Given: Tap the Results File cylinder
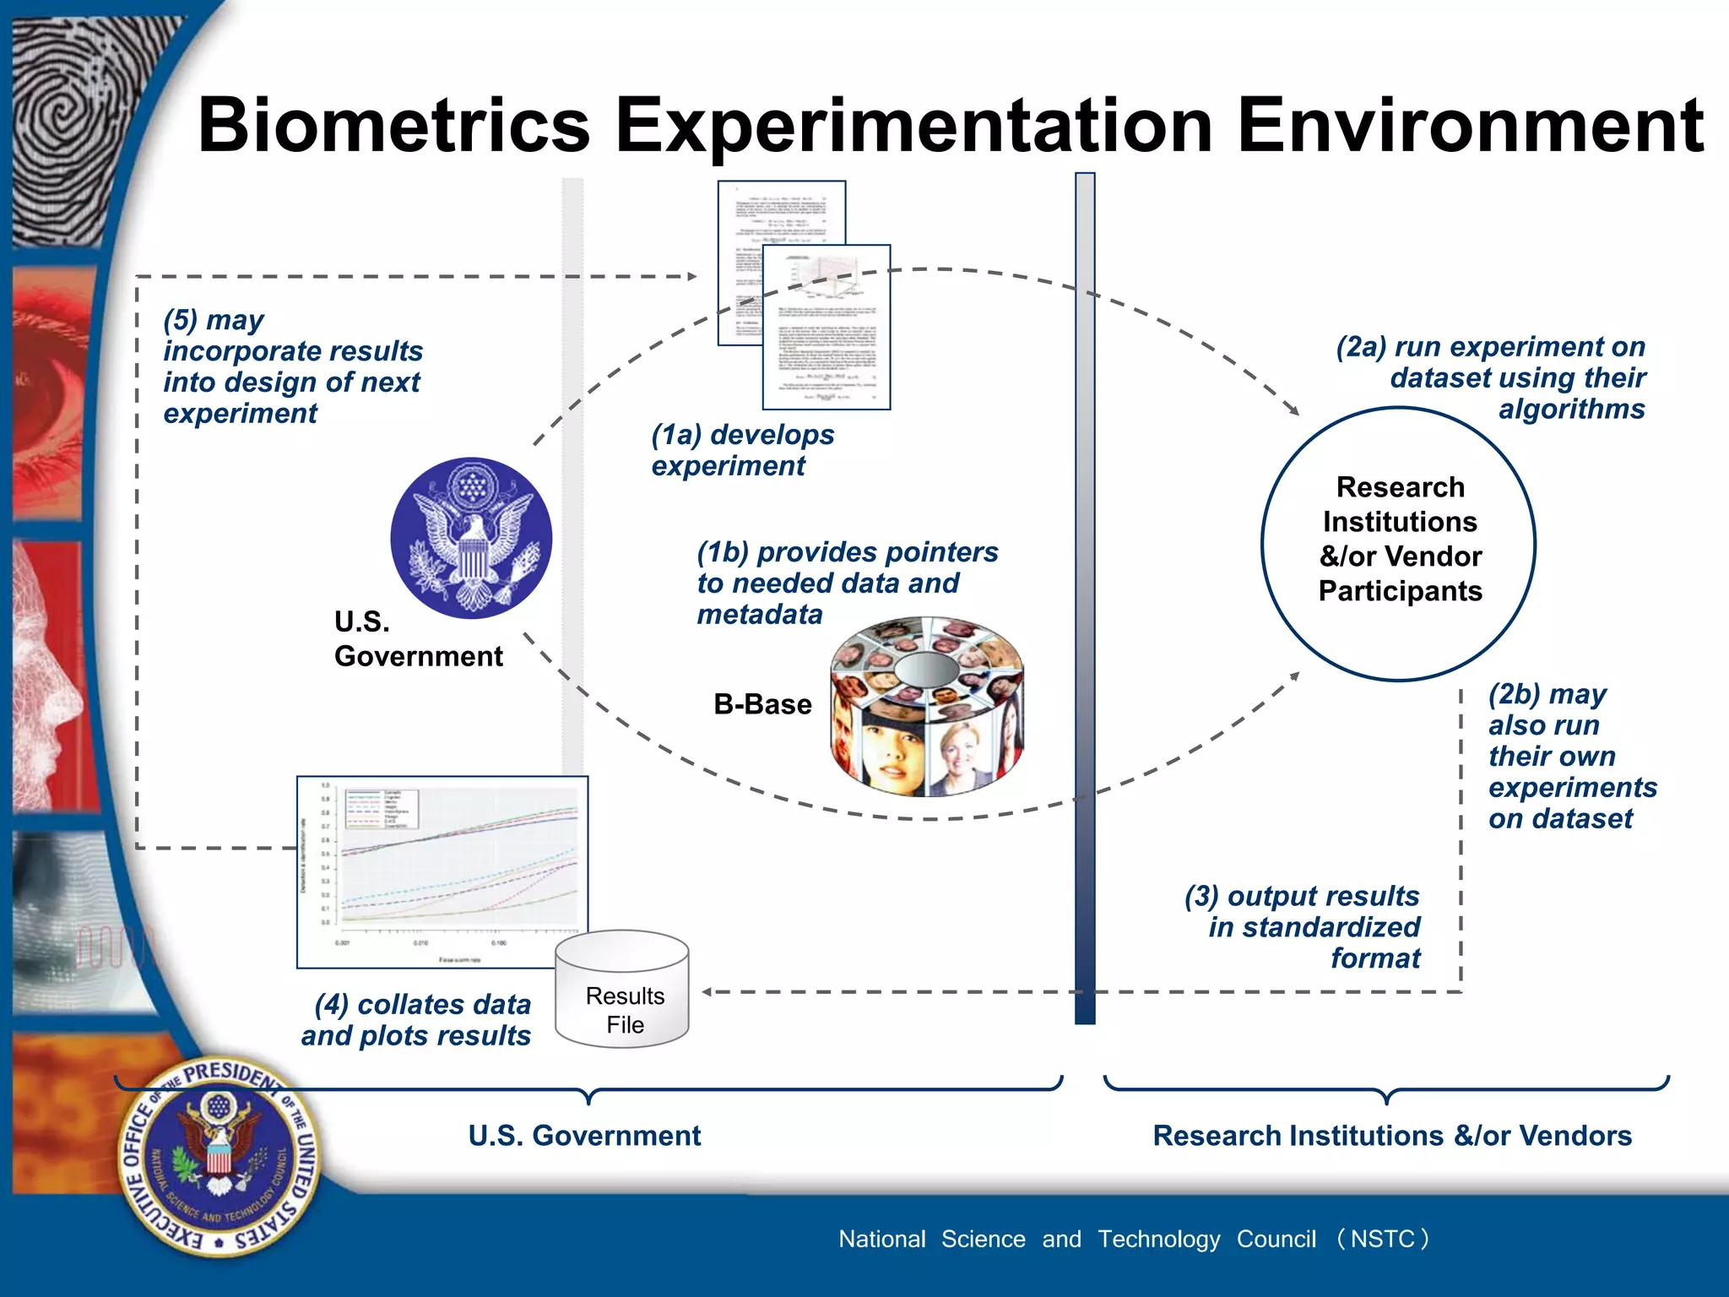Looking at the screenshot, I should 622,990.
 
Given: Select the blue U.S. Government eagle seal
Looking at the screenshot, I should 471,538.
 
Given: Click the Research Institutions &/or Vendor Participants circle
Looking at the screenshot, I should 1399,543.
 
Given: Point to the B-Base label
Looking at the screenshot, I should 762,704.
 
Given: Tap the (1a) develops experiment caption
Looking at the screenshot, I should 742,450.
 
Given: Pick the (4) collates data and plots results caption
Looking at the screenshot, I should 417,1019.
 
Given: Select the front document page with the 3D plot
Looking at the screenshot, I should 827,328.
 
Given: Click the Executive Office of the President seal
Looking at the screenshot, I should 219,1156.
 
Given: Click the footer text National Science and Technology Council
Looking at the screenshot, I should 1131,1239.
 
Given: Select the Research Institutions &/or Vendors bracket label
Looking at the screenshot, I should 1391,1136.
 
